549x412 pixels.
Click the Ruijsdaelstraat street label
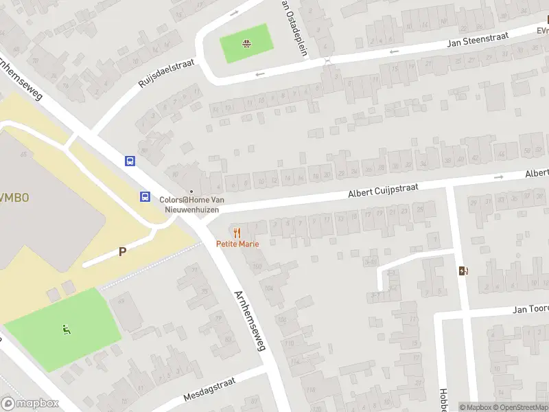(x=167, y=73)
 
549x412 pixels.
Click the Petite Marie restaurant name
(x=237, y=244)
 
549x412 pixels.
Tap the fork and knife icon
(x=237, y=233)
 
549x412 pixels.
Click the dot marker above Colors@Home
(x=191, y=192)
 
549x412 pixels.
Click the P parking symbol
(x=123, y=251)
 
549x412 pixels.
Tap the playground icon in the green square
(x=246, y=45)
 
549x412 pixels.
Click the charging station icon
(x=464, y=271)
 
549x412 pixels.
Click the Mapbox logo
(x=30, y=404)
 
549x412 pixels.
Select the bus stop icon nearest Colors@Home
(x=145, y=196)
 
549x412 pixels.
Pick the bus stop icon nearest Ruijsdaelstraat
(x=129, y=161)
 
